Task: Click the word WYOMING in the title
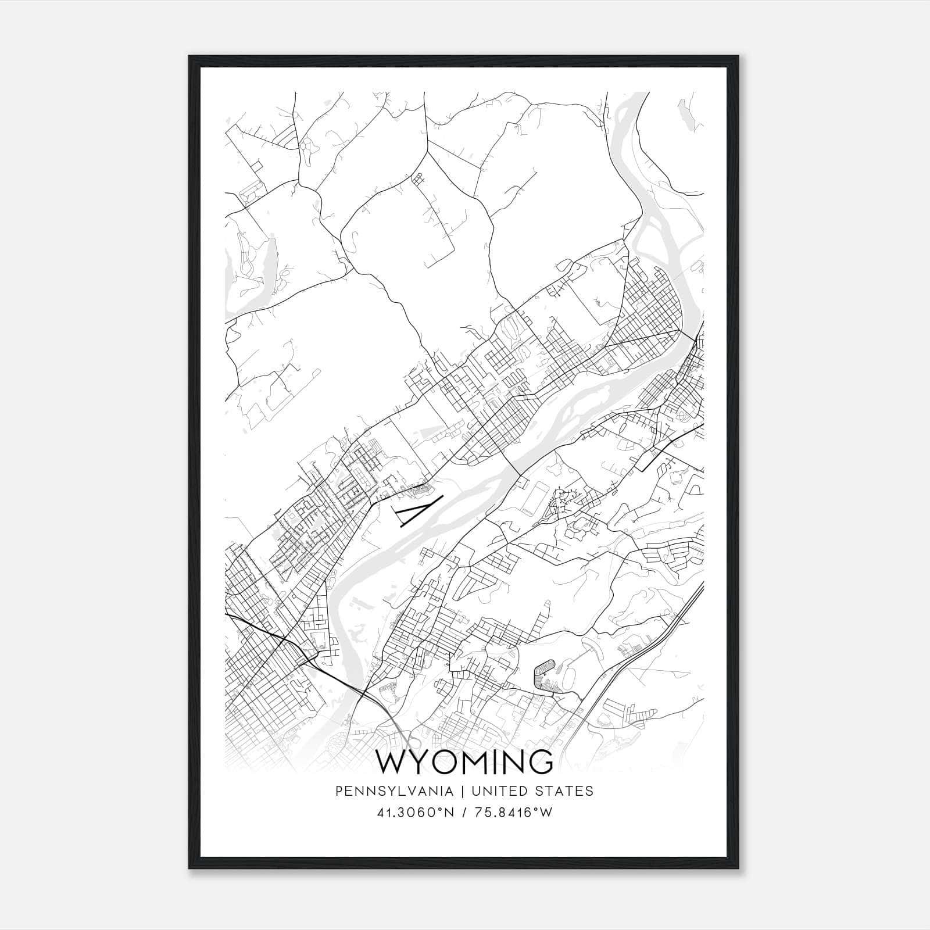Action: tap(465, 762)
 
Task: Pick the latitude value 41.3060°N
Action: tap(414, 813)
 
